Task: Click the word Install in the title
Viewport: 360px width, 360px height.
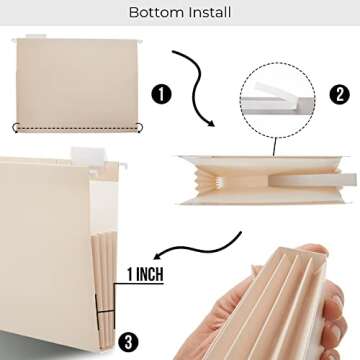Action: point(208,13)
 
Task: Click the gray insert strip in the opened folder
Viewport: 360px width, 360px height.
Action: point(300,178)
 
